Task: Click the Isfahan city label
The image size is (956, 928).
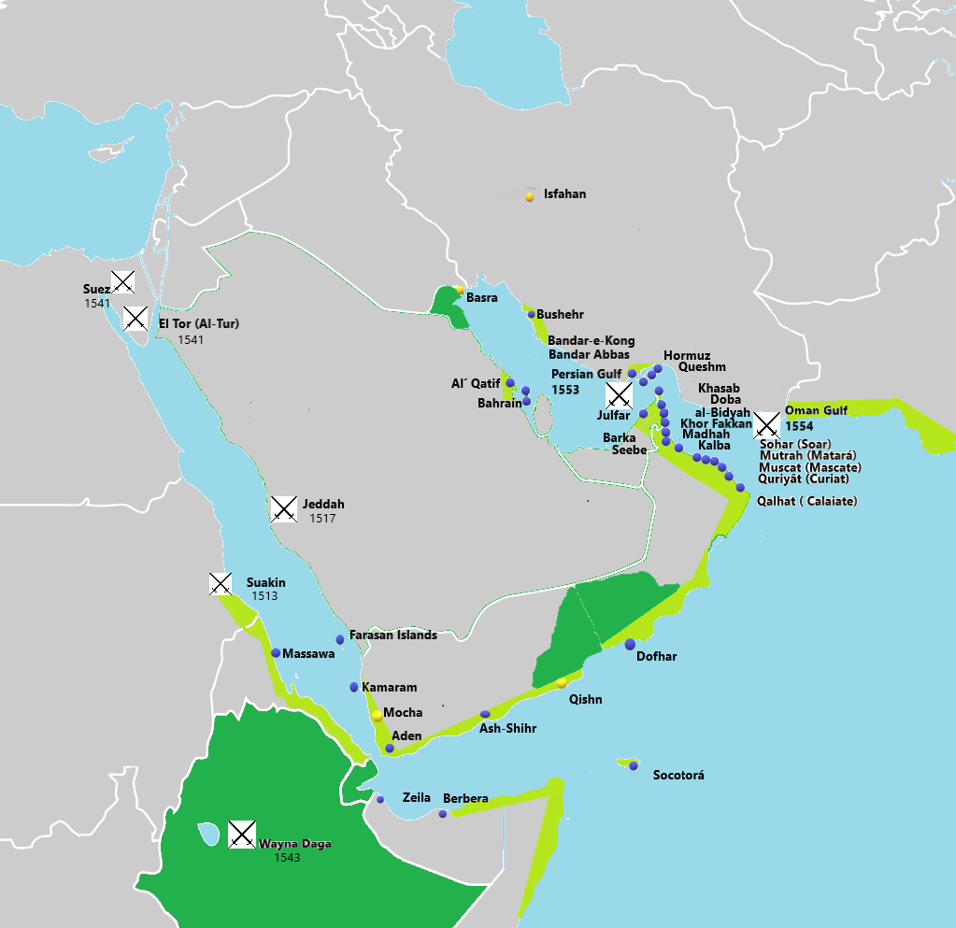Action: (x=564, y=194)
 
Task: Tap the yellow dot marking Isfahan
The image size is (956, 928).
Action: (x=530, y=196)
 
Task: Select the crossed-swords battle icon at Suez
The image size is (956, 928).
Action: (x=122, y=280)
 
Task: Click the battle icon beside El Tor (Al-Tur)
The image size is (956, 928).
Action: (x=136, y=318)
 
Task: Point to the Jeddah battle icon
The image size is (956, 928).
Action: (x=283, y=508)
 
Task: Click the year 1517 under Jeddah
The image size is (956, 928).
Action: (x=321, y=519)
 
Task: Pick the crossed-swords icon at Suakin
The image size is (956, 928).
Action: (x=220, y=584)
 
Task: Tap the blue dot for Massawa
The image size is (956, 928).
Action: (x=276, y=652)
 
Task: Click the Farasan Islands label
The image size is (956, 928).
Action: (x=392, y=635)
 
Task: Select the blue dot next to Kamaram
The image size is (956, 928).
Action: (x=353, y=687)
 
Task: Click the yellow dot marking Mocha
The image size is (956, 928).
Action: (x=378, y=715)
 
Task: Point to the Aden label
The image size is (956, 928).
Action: (x=407, y=736)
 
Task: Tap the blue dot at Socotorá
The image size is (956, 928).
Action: (x=634, y=765)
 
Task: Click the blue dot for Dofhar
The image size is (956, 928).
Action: (x=630, y=644)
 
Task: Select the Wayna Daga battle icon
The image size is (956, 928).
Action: (x=242, y=834)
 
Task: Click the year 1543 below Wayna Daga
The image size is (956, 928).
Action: (x=287, y=857)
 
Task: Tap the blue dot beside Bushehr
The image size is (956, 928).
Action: (x=532, y=315)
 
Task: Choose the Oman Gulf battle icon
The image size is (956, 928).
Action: (x=767, y=424)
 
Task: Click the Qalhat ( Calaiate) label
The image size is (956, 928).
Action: (x=806, y=502)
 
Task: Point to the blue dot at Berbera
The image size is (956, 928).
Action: (x=443, y=814)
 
